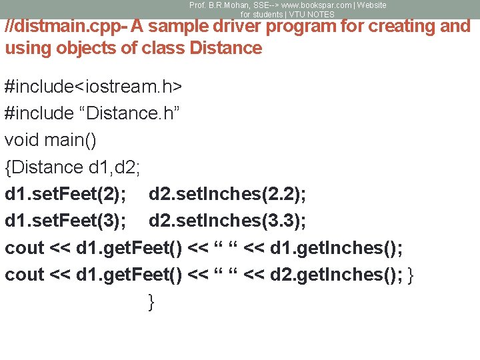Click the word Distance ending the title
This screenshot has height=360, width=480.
226,48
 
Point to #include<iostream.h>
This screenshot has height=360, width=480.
94,87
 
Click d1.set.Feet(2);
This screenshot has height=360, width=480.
65,194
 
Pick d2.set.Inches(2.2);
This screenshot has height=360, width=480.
227,194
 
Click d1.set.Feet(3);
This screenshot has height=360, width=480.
65,221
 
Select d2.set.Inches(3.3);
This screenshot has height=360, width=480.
227,221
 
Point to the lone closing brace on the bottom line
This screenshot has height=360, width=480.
151,301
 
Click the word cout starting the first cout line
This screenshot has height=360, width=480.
25,248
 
